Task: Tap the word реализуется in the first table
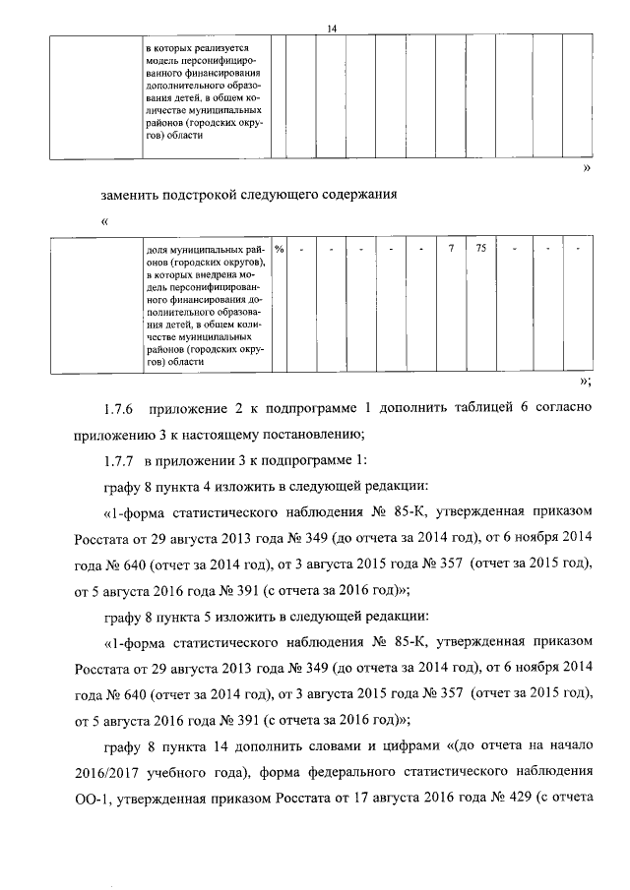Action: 222,47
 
